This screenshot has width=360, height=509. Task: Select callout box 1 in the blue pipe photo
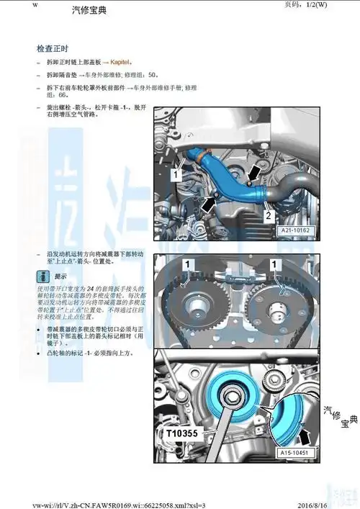coord(175,174)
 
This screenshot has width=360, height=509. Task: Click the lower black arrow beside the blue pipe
coord(207,204)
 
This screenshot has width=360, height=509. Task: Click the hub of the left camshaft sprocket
coord(196,313)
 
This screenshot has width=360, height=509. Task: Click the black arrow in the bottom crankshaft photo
coord(305,435)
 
